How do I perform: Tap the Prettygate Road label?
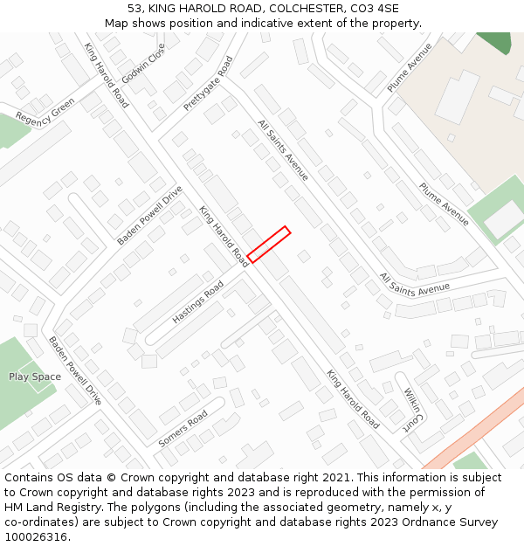208,84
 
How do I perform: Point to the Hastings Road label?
197,302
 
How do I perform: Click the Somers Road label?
183,428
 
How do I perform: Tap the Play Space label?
35,377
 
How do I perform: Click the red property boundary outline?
268,245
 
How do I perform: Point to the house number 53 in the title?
134,9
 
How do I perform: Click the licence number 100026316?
36,537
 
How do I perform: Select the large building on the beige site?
457,97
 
